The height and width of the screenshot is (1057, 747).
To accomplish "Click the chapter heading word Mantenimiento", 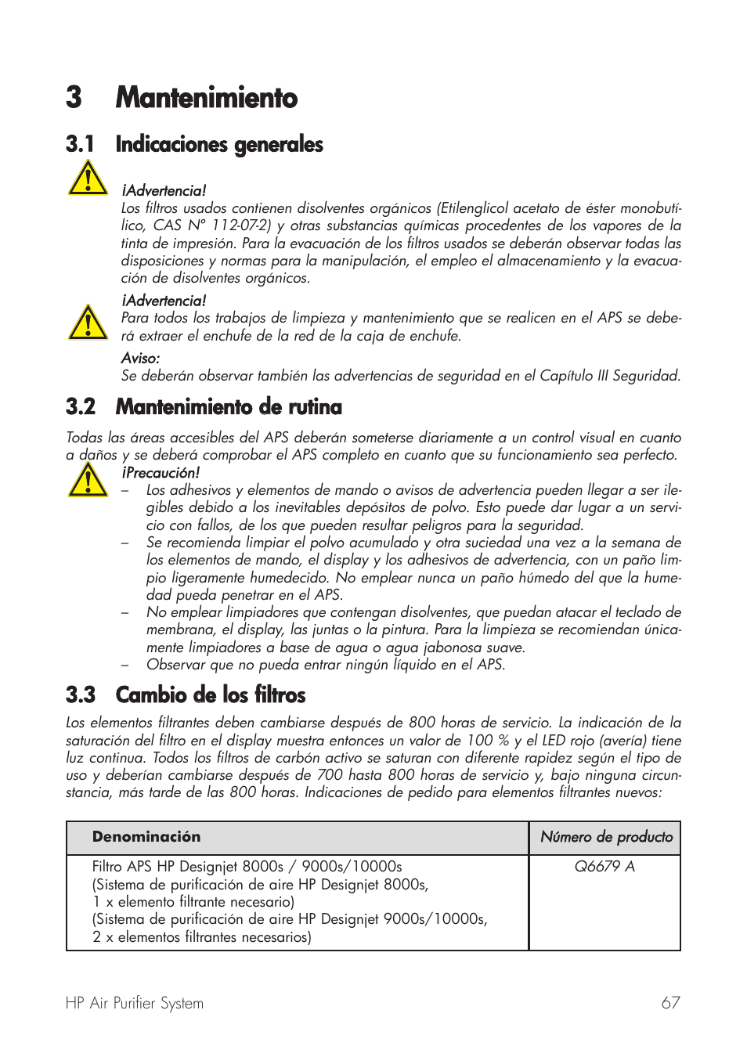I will click(x=206, y=98).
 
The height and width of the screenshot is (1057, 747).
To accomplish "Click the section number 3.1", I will click(x=80, y=144).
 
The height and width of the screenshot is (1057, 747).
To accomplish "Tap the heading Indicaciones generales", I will click(x=219, y=144).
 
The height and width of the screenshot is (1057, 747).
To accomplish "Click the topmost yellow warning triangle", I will click(x=88, y=179).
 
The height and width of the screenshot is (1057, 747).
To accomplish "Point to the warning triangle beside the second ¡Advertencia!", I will click(x=88, y=323).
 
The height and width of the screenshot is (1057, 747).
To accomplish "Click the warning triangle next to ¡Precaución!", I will click(x=88, y=480).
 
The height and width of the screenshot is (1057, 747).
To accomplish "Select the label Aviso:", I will click(x=140, y=358).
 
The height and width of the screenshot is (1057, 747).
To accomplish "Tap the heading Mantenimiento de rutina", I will click(x=229, y=407).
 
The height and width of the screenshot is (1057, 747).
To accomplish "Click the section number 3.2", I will click(x=81, y=407).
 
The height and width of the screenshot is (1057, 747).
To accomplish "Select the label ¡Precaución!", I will click(x=161, y=473).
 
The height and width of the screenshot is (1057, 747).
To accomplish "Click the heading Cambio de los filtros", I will click(x=211, y=695).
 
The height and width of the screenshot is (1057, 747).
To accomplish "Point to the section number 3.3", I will click(x=81, y=695).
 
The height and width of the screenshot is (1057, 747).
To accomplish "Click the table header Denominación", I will click(x=146, y=837).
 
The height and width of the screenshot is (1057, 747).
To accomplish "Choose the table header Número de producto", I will click(x=606, y=837).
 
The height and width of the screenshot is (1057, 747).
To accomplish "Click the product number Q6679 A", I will click(x=604, y=866).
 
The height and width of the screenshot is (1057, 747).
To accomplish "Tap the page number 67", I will click(x=670, y=1003).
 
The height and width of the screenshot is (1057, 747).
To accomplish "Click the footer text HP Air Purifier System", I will click(x=135, y=1003).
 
